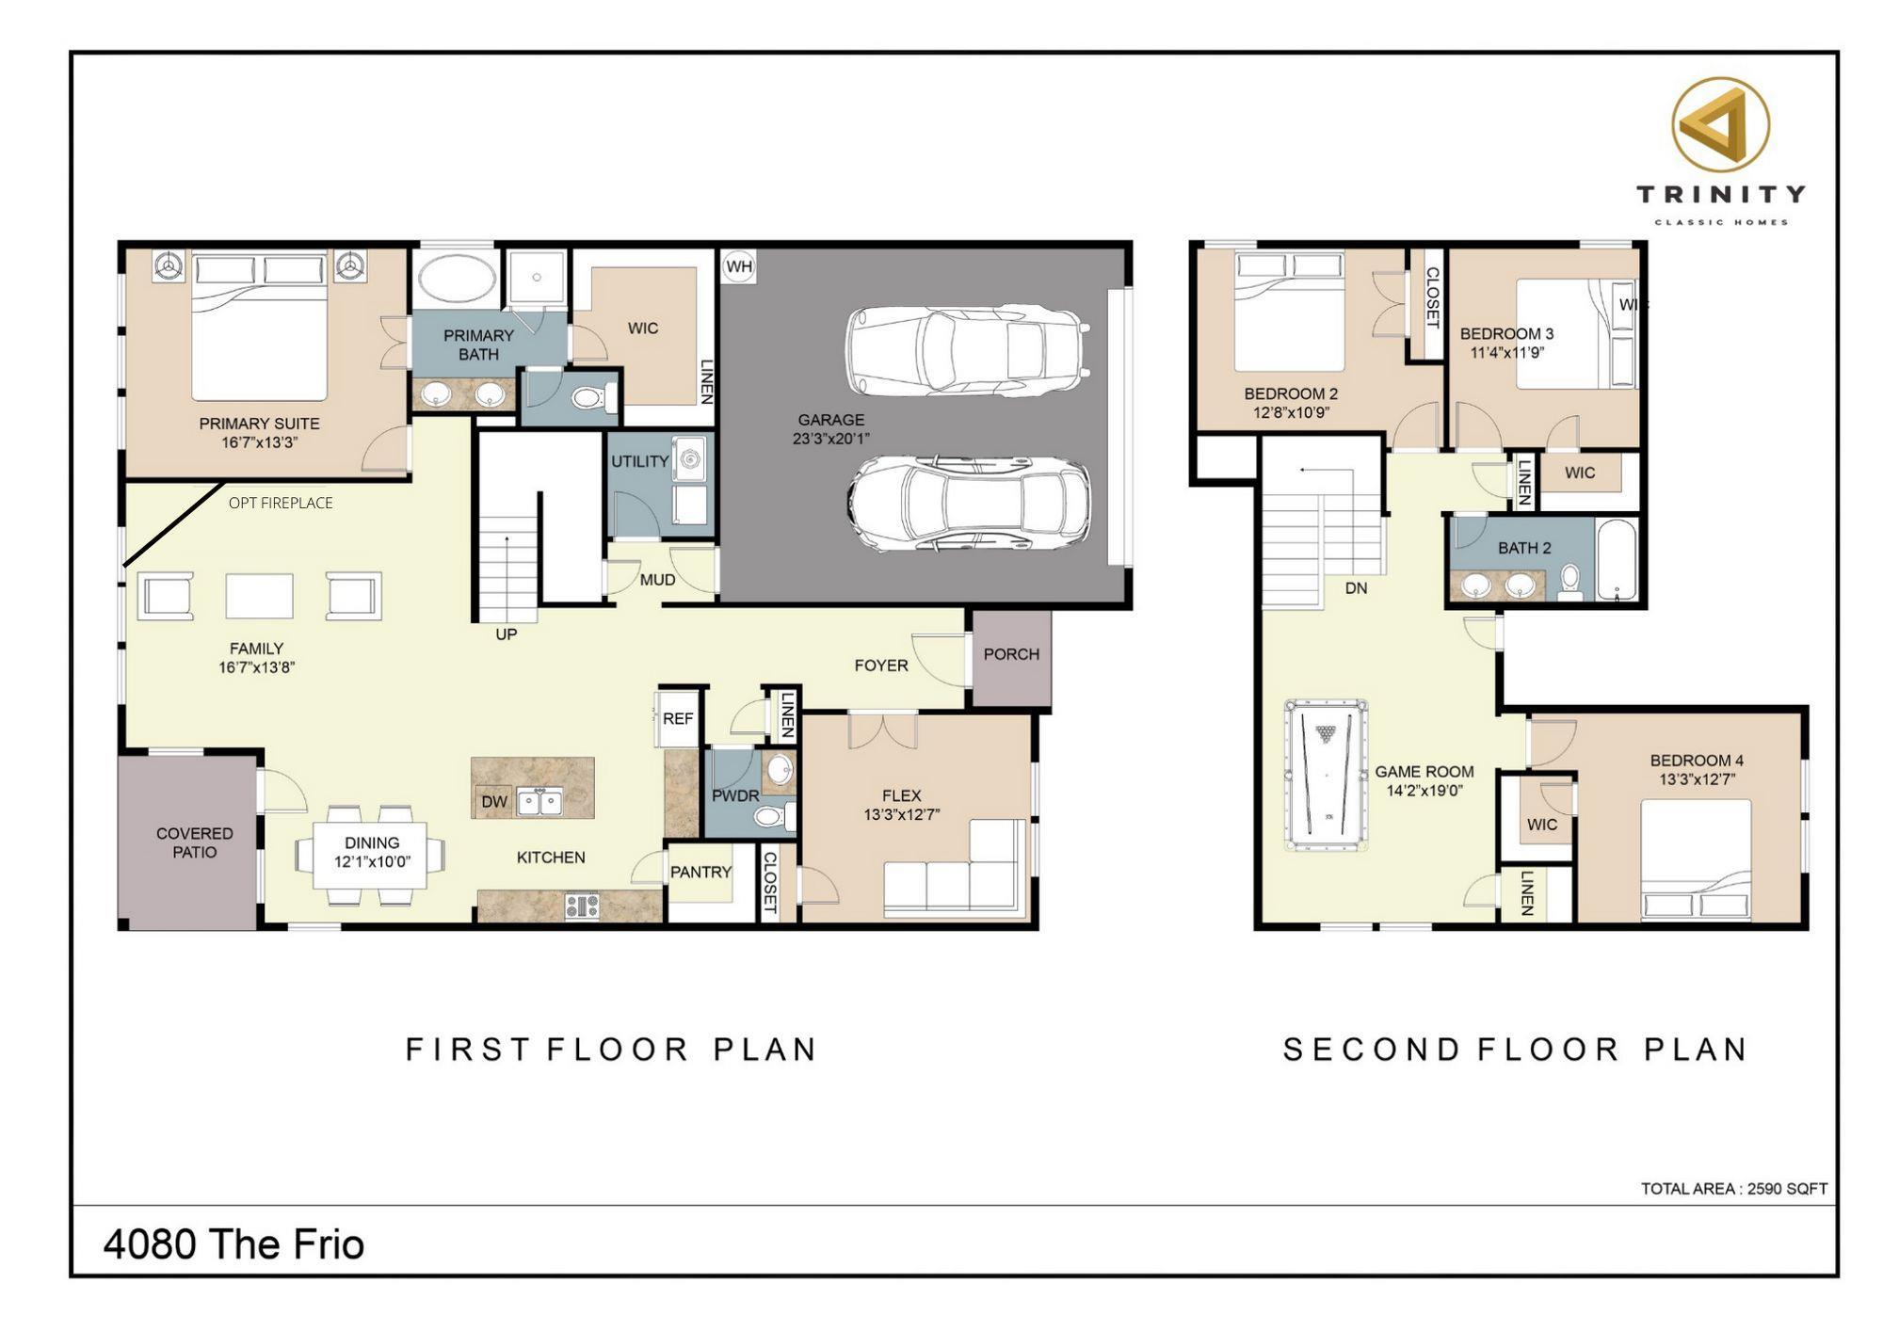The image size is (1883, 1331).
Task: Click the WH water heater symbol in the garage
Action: (x=739, y=266)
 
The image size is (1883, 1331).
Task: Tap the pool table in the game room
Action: (x=1327, y=776)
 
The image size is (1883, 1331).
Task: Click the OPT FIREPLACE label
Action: (x=281, y=503)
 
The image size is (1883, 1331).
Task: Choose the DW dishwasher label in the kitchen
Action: (x=494, y=802)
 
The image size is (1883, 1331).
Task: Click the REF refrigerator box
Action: (x=678, y=719)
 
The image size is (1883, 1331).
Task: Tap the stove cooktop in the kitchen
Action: (x=582, y=906)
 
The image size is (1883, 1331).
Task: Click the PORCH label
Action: (x=1011, y=654)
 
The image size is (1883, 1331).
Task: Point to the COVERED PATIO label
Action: (x=194, y=842)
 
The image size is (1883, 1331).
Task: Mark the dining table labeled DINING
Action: (x=372, y=853)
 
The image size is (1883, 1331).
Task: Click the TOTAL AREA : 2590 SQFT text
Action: (x=1734, y=1189)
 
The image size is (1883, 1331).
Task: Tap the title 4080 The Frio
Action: (x=233, y=1244)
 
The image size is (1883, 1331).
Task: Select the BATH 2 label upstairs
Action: (x=1524, y=548)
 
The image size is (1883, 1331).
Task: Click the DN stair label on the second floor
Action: (x=1356, y=588)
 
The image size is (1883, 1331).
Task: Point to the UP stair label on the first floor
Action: (x=507, y=634)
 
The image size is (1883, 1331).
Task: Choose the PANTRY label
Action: (x=700, y=873)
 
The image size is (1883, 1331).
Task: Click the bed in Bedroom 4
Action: (x=1696, y=860)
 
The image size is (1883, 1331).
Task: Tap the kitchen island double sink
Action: (x=539, y=802)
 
